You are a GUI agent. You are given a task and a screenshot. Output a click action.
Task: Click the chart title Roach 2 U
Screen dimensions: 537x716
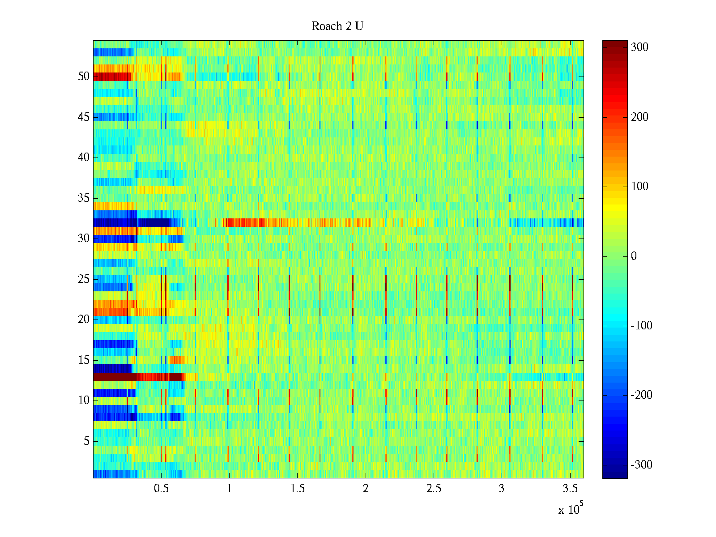337,26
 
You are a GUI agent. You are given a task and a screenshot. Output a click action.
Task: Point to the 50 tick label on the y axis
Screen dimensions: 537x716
84,77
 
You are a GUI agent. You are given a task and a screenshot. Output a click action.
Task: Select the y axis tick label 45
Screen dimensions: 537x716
84,117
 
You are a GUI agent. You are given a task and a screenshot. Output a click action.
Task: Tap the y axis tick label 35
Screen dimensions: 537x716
84,198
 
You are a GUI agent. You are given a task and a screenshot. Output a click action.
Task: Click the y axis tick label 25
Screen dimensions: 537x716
84,279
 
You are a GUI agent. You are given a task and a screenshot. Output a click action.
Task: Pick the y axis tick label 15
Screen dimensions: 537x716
84,360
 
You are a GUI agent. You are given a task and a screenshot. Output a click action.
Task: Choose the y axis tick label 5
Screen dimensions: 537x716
86,441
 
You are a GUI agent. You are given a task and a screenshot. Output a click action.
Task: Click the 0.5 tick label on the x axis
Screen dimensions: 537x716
161,489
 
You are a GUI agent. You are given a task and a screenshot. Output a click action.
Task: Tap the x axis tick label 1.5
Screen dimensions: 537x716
297,489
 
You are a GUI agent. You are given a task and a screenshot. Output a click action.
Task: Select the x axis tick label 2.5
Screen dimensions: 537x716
434,489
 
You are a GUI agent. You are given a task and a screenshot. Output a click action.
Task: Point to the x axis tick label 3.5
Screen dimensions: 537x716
570,489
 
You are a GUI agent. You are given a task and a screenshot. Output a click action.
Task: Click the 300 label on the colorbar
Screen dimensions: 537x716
639,47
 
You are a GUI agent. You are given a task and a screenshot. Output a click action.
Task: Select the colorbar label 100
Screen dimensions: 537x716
639,187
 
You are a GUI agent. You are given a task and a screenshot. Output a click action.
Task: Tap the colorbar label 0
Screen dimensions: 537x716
634,256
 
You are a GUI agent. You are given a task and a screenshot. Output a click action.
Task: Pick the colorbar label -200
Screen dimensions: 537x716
641,395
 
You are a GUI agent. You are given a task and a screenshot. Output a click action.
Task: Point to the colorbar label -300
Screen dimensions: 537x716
641,465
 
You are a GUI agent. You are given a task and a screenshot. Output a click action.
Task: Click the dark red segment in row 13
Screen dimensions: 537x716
114,377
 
